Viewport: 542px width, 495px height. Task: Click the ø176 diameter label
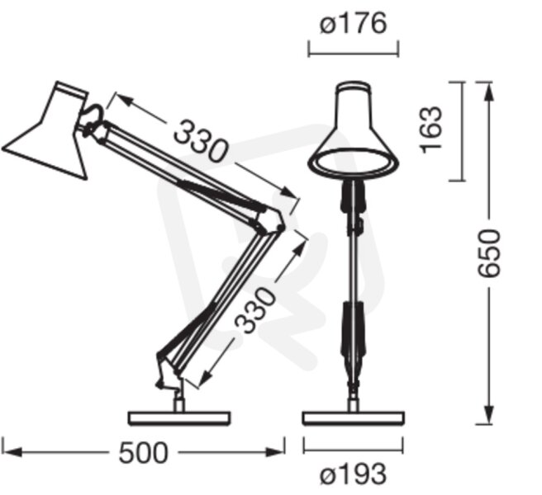tap(353, 23)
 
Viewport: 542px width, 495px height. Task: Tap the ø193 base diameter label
tap(353, 474)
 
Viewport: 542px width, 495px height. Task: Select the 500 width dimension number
tap(143, 453)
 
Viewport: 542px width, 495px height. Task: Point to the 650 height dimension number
tap(488, 253)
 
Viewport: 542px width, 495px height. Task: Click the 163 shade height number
tap(430, 130)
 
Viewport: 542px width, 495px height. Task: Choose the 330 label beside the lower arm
tap(255, 310)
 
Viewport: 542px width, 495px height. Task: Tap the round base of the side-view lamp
tap(179, 418)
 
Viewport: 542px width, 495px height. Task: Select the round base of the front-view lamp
tap(354, 418)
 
